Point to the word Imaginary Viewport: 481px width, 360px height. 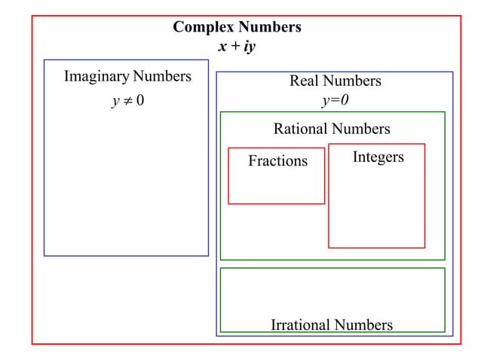[97, 77]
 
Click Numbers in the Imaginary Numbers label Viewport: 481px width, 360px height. [162, 77]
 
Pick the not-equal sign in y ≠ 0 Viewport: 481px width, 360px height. [127, 102]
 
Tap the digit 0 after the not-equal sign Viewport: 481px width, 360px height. [140, 102]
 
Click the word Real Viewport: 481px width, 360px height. [305, 81]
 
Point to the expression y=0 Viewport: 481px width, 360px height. [335, 100]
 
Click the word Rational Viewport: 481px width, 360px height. [301, 129]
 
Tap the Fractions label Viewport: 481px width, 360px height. [277, 161]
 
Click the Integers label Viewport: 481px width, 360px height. [378, 157]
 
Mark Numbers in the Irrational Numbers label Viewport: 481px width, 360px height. [363, 325]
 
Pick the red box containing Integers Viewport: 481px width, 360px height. [376, 207]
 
